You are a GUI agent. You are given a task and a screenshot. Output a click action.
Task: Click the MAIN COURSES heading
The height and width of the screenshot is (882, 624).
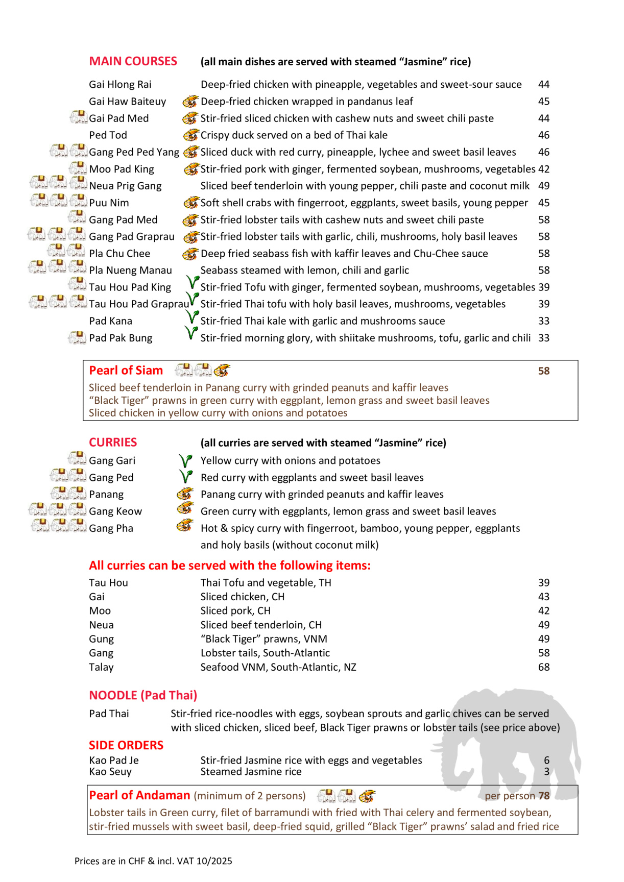point(133,61)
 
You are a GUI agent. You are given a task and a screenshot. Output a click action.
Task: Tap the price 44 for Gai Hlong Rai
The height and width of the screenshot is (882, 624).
point(544,85)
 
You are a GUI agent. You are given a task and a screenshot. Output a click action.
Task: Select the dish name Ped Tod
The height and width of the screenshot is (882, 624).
point(108,135)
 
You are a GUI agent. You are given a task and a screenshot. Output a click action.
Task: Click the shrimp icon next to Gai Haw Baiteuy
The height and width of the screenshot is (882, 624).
point(190,102)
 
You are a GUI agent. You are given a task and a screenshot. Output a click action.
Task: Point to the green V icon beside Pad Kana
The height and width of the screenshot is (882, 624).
point(191,318)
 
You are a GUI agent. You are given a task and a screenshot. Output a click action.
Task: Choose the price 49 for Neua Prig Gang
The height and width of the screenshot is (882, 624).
point(544,186)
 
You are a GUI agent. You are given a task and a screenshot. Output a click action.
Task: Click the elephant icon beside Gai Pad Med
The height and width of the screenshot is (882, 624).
point(79,118)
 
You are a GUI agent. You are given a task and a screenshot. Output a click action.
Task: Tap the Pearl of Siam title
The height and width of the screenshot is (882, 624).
point(126,371)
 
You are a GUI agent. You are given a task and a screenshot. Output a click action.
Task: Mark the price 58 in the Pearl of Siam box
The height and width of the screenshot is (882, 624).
point(544,371)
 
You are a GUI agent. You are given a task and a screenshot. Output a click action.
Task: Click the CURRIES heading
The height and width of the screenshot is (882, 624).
point(113,443)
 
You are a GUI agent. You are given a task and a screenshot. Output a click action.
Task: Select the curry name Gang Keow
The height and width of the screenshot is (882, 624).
point(115,511)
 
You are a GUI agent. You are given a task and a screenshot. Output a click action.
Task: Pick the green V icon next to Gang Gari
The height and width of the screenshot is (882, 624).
point(185,461)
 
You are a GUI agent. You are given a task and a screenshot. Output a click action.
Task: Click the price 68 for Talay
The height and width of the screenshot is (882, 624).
point(544,667)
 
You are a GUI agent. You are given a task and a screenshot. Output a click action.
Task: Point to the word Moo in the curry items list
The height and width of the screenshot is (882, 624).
point(100,611)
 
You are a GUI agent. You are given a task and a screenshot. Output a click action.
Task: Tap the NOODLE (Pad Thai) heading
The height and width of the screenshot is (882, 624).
point(143,695)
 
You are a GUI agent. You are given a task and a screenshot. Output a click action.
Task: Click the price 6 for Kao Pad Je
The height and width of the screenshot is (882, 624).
point(546,761)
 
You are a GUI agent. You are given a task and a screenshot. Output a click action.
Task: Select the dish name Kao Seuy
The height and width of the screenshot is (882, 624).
point(110,772)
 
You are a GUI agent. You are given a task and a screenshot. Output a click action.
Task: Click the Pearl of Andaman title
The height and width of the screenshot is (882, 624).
point(139,795)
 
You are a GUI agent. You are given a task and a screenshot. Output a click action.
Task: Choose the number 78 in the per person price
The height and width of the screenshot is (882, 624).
point(544,796)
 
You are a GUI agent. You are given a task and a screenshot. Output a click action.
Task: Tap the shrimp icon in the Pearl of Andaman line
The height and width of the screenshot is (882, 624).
point(367,796)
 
